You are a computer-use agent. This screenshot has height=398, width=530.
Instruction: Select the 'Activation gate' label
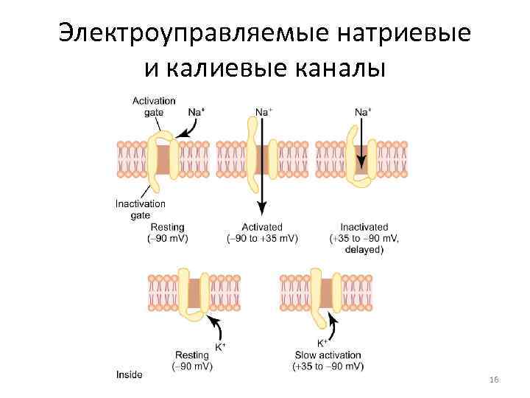[x=154, y=106]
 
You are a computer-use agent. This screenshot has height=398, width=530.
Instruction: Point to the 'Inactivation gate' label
[x=140, y=209]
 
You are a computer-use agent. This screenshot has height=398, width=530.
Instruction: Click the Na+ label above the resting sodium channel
[x=196, y=112]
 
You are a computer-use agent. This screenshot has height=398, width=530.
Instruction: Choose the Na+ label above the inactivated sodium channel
[x=363, y=112]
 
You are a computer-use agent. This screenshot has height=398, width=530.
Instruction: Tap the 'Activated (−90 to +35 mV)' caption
[x=262, y=233]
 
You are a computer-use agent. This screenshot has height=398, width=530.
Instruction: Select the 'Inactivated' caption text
[x=364, y=227]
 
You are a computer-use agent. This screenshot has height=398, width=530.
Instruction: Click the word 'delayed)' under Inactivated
[x=364, y=250]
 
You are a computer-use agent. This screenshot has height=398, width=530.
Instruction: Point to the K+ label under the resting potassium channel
[x=219, y=346]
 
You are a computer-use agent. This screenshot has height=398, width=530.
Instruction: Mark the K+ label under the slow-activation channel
[x=322, y=343]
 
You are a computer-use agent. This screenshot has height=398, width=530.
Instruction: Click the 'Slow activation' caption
[x=328, y=355]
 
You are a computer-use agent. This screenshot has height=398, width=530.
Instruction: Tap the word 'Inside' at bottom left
[x=129, y=374]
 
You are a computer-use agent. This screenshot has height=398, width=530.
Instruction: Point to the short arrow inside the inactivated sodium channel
[x=362, y=156]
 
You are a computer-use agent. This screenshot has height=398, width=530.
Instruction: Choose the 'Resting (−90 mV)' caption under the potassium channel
[x=192, y=360]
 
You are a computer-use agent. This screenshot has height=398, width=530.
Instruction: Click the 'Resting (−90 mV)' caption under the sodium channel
[x=168, y=233]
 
